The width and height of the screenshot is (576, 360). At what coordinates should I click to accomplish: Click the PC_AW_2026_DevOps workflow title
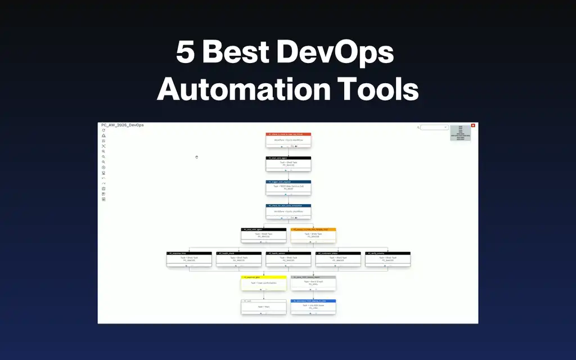click(122, 125)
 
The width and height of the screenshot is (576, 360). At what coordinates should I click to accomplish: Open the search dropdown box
click(434, 128)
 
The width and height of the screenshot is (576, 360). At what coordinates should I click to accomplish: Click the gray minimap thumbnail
click(461, 133)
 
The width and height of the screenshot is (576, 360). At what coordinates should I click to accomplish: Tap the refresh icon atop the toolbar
click(103, 130)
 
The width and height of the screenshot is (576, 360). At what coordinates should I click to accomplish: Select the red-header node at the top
click(288, 140)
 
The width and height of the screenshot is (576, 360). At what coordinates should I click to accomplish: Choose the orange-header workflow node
click(313, 235)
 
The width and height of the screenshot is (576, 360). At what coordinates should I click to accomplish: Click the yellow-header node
click(263, 283)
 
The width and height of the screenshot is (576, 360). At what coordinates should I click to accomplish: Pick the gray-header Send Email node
click(313, 283)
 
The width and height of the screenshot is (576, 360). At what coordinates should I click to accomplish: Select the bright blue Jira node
click(313, 307)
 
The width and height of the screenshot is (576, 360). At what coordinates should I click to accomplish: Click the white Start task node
click(263, 307)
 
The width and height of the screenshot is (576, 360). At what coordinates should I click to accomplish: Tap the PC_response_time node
click(189, 259)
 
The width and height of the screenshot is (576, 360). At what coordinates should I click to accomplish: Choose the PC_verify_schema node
click(387, 259)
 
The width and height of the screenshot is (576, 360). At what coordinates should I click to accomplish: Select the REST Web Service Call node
click(288, 187)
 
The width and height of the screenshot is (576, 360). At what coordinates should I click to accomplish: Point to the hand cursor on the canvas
click(196, 157)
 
